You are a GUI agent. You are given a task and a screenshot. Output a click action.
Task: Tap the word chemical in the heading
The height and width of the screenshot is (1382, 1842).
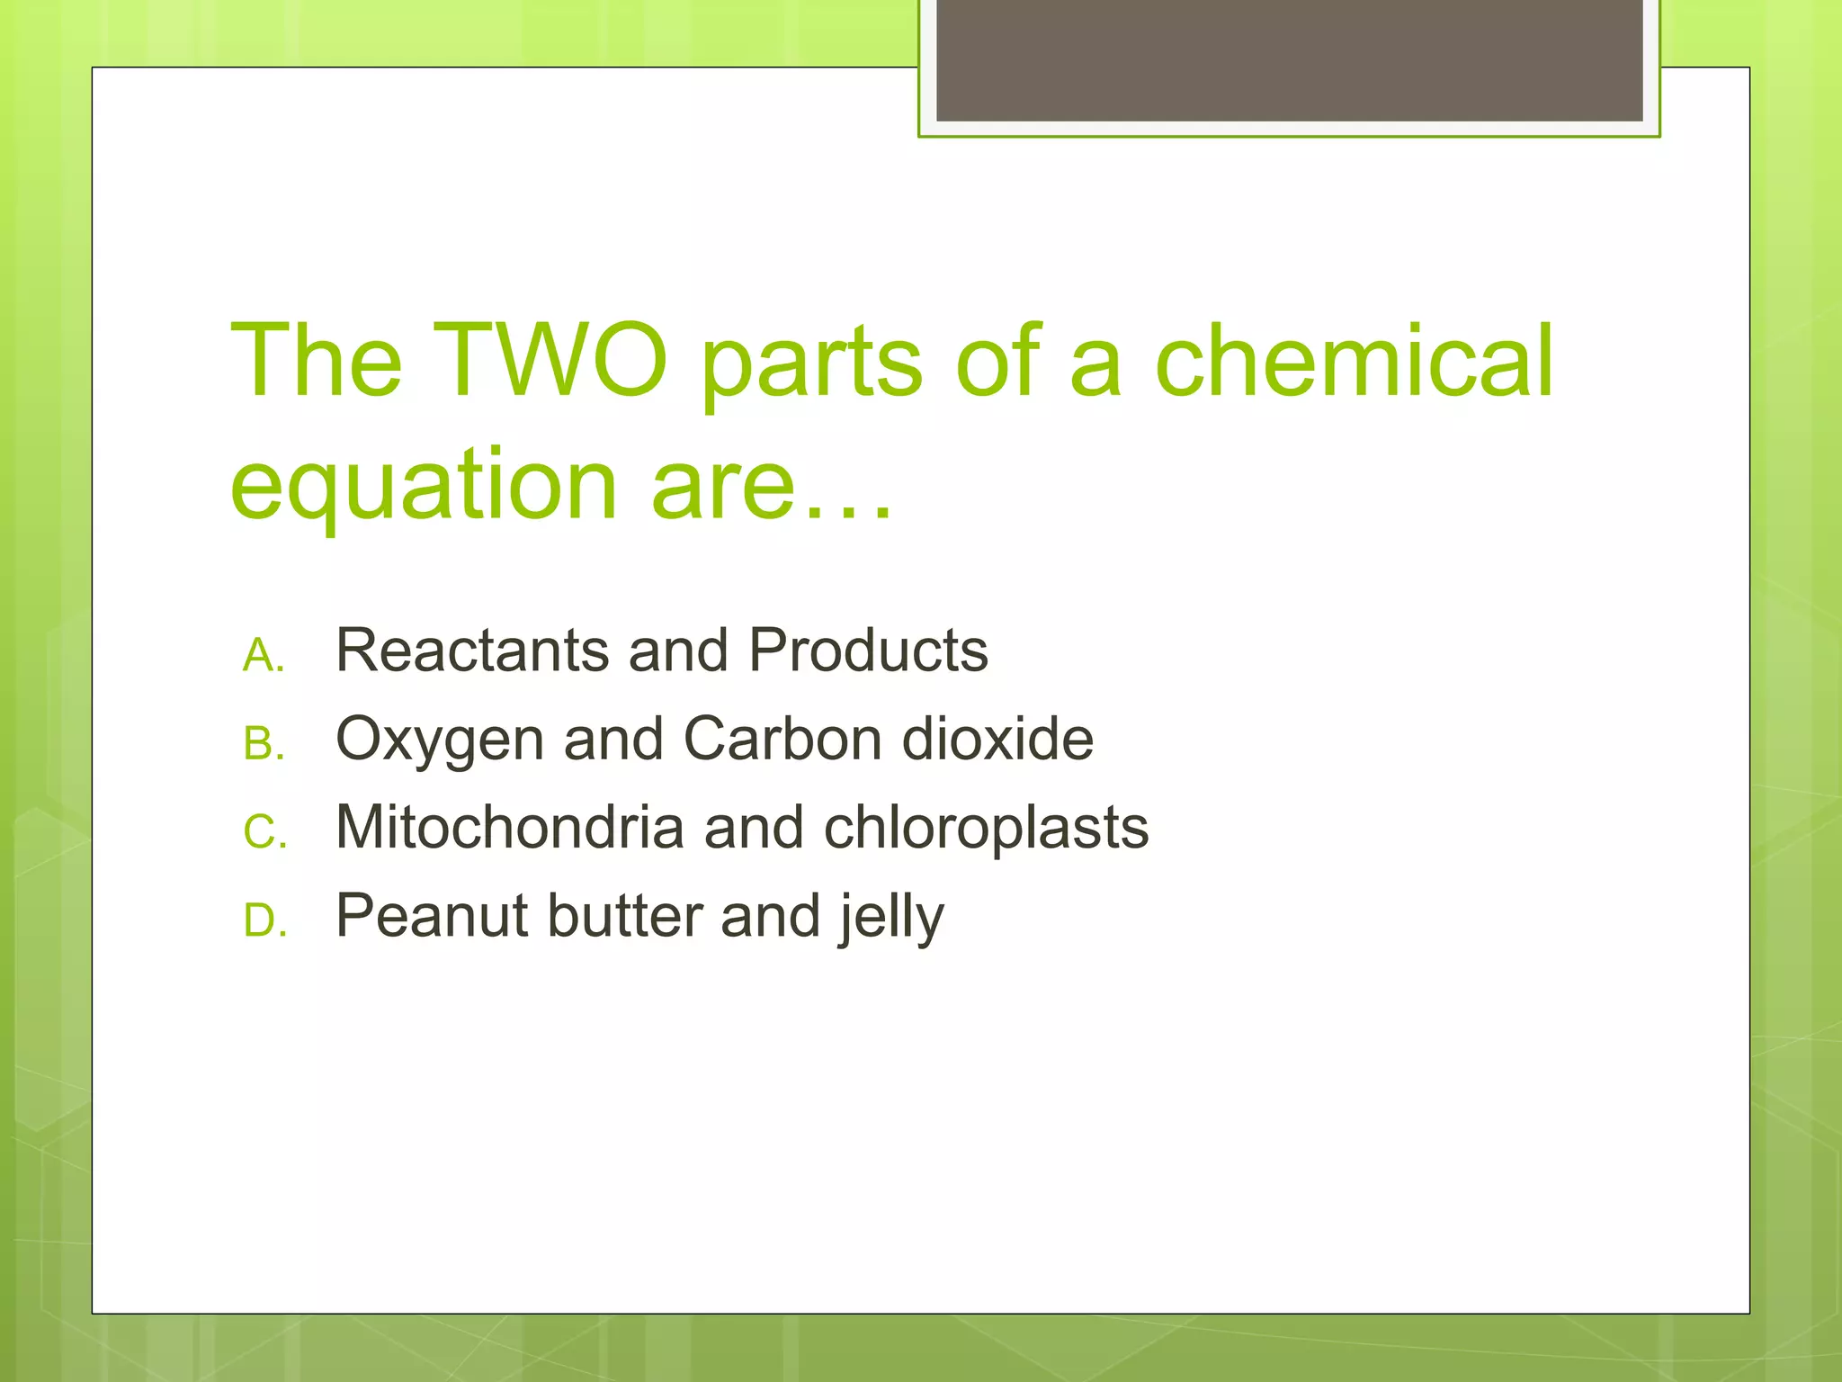[1354, 361]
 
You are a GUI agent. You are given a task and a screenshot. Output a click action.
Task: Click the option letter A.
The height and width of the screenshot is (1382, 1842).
[263, 655]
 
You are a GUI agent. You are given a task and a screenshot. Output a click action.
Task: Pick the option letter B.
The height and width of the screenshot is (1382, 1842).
[263, 744]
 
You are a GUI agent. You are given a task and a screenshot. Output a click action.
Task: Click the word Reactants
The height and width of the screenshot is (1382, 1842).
[472, 650]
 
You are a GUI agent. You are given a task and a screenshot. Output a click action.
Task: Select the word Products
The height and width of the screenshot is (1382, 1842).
[868, 650]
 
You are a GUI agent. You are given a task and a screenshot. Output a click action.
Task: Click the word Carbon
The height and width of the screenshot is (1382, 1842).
[782, 739]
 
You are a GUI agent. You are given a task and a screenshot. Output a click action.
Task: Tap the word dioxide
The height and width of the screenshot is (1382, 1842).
[997, 739]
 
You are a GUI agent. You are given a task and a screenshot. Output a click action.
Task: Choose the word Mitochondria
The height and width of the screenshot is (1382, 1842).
[509, 827]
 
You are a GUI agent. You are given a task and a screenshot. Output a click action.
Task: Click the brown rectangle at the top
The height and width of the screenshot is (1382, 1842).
[1289, 60]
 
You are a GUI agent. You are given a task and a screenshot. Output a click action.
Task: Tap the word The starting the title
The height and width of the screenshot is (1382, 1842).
[316, 361]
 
